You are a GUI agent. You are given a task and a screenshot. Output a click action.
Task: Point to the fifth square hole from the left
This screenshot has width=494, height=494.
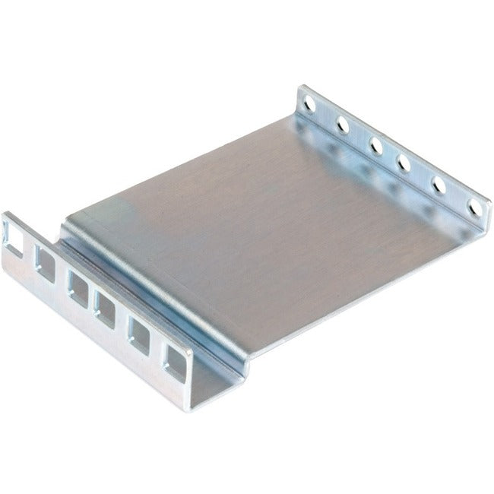[x=141, y=332]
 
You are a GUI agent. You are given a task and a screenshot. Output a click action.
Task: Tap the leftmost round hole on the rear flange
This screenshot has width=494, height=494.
[x=307, y=100]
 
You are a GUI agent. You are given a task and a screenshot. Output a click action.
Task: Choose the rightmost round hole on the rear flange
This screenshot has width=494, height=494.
[x=476, y=206]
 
